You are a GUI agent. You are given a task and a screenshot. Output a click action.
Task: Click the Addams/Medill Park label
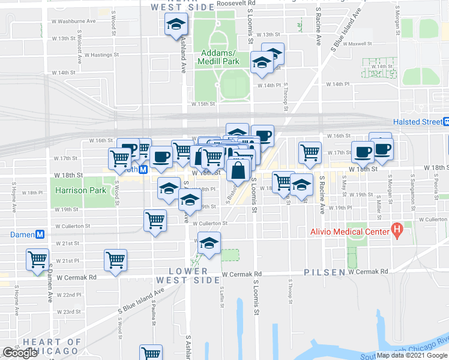220,56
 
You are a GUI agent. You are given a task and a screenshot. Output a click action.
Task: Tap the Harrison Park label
80,191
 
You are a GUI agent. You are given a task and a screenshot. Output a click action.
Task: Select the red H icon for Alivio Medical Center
396,229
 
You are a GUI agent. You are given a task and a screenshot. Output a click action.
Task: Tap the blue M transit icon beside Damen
40,235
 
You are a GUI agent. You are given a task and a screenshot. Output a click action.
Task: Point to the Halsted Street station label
417,122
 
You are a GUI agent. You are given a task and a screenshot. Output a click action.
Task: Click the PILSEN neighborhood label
324,272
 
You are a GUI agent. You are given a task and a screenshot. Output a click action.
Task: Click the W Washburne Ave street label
74,21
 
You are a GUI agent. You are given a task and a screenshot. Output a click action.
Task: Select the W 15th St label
203,104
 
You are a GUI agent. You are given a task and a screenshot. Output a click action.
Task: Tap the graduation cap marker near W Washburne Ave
176,25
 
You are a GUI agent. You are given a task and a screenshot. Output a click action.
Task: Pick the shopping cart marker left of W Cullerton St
155,221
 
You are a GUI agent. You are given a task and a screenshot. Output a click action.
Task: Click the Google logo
20,353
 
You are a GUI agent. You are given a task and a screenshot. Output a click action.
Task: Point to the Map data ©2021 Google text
411,355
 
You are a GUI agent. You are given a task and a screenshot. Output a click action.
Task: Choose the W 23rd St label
69,312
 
